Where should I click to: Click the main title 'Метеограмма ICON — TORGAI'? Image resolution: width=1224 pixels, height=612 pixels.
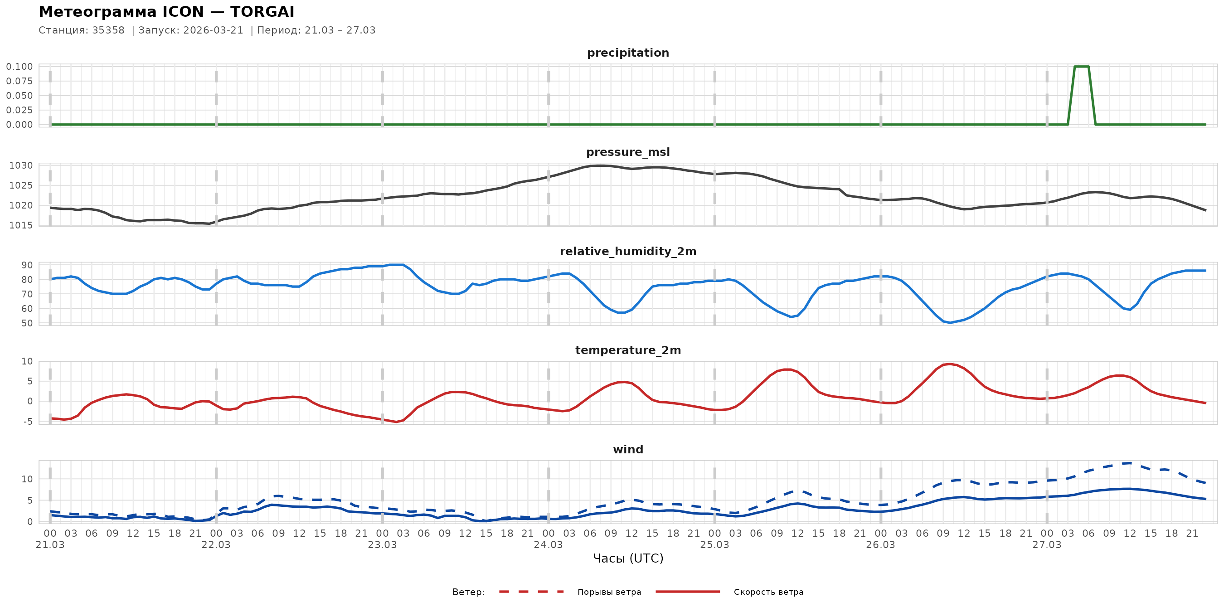(x=166, y=12)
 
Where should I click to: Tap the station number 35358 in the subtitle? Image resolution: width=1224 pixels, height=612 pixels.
(x=108, y=30)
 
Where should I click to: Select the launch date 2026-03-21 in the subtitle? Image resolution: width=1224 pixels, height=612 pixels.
(x=213, y=30)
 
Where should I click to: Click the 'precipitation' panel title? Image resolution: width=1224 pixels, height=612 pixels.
(x=628, y=53)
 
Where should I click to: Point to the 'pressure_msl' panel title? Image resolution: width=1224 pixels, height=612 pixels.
(x=628, y=152)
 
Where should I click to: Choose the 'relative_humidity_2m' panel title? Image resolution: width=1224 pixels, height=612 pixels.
(x=628, y=251)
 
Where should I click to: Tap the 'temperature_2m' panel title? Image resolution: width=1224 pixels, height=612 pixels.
(x=628, y=350)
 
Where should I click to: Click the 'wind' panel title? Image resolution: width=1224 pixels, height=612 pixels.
(x=628, y=450)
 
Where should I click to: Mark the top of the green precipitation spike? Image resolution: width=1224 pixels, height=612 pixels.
(x=1082, y=67)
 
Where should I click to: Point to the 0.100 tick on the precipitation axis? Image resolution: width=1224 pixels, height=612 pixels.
(x=19, y=67)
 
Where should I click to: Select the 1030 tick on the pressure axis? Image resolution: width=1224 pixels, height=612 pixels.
(x=21, y=166)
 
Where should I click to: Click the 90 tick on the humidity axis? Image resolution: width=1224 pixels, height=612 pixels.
(x=27, y=265)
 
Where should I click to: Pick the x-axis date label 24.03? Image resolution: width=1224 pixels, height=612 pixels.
(x=548, y=544)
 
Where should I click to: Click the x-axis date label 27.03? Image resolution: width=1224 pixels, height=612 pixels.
(x=1046, y=544)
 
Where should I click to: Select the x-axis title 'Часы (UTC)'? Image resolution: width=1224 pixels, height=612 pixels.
(x=628, y=559)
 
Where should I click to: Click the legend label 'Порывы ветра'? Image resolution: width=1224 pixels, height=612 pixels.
(x=609, y=592)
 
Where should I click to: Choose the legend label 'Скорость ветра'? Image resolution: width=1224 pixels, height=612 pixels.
(x=768, y=592)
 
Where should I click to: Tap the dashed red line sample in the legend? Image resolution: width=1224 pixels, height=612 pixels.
(x=531, y=592)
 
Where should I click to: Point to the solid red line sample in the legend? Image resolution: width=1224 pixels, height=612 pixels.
(x=688, y=592)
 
